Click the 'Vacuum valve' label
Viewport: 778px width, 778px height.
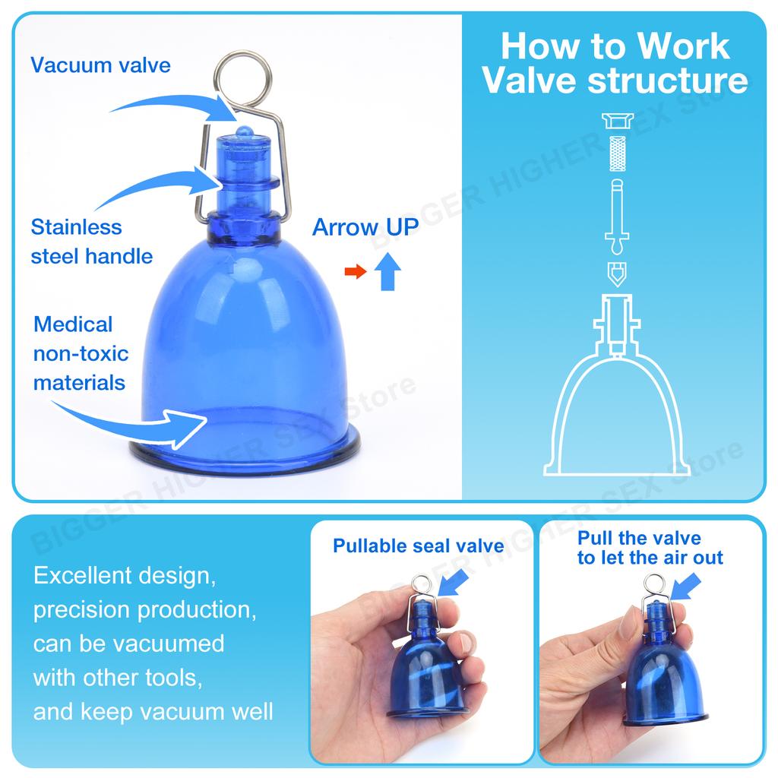pyautogui.click(x=100, y=65)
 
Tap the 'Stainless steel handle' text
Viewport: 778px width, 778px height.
pyautogui.click(x=91, y=241)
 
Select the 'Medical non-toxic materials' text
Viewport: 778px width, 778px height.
pyautogui.click(x=81, y=353)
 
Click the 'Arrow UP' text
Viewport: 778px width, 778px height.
pyautogui.click(x=365, y=226)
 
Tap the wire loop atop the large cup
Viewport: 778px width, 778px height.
pyautogui.click(x=243, y=75)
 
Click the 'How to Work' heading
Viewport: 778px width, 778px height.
pyautogui.click(x=615, y=46)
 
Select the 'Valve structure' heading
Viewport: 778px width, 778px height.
pyautogui.click(x=615, y=81)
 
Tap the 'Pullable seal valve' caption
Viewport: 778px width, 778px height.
pyautogui.click(x=419, y=546)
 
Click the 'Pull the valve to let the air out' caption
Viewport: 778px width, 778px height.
pyautogui.click(x=650, y=548)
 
